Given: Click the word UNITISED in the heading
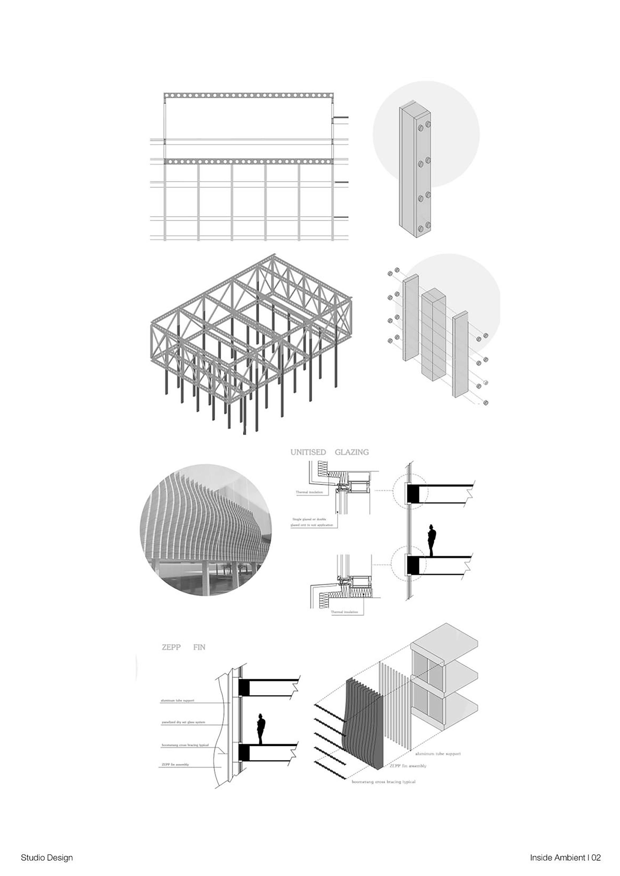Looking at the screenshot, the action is tap(308, 452).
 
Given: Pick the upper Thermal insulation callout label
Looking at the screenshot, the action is tap(309, 492).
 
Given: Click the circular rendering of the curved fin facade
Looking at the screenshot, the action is tap(206, 530).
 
